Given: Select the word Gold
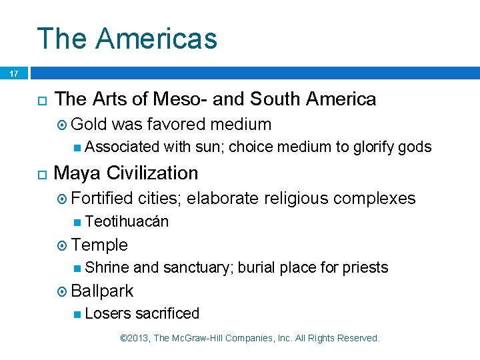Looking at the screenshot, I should (89, 124).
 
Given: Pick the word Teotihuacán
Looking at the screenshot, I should (127, 221).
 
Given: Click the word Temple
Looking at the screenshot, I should (99, 245).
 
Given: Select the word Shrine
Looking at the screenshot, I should (107, 268).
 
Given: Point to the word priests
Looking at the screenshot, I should (365, 268).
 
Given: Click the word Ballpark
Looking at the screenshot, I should (102, 291).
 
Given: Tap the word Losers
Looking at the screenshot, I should (108, 313).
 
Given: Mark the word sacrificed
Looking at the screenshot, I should (167, 313).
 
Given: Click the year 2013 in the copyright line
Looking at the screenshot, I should (138, 339).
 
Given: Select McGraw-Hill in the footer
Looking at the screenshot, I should (201, 339).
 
